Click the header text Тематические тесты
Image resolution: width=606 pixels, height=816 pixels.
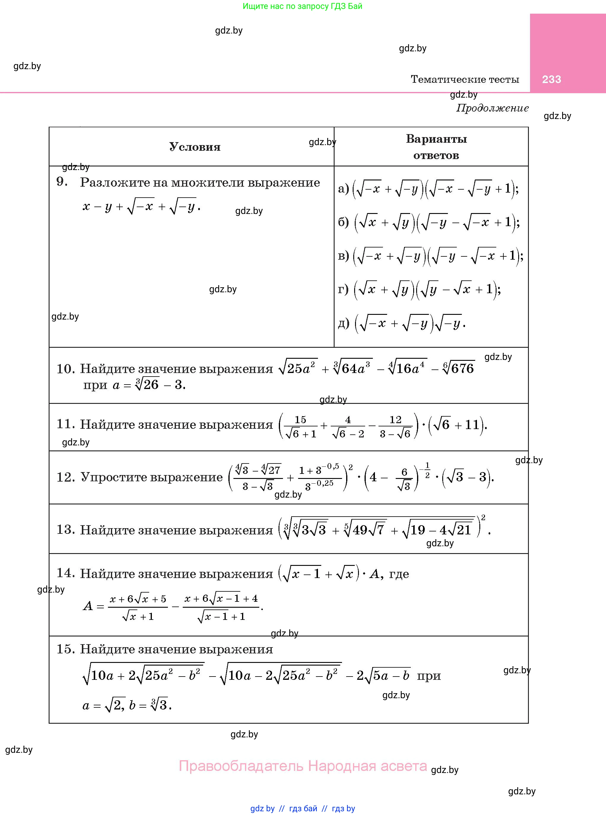coord(465,79)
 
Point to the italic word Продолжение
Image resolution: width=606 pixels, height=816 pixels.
coord(492,108)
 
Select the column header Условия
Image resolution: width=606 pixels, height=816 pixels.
coord(195,147)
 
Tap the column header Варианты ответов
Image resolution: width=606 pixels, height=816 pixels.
coord(436,147)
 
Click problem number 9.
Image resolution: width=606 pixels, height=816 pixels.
coord(62,182)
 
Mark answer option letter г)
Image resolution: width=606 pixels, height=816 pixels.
coord(343,289)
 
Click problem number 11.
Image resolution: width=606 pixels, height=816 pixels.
coord(65,424)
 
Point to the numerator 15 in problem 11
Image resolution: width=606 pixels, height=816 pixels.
coord(300,419)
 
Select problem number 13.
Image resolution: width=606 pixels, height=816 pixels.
coord(65,529)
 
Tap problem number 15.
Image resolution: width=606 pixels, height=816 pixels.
coord(65,649)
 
